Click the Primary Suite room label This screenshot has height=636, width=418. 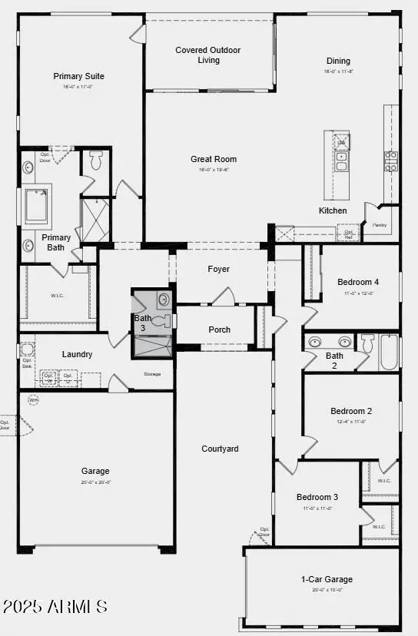(x=78, y=76)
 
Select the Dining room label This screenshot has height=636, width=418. (x=338, y=61)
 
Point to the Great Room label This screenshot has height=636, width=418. (x=207, y=159)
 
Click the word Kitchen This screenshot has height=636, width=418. (x=333, y=210)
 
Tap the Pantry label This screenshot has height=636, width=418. (x=379, y=225)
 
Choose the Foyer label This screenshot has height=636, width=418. (x=219, y=269)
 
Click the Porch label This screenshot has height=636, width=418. (x=219, y=330)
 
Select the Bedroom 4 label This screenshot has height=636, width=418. (x=358, y=282)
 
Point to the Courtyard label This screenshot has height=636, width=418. (x=220, y=449)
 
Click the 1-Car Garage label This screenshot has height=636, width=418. (x=327, y=579)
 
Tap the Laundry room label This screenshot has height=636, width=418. (x=77, y=354)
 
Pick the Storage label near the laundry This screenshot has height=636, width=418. (x=152, y=374)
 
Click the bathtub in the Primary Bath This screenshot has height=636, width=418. (x=35, y=205)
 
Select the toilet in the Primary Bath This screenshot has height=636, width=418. (x=96, y=161)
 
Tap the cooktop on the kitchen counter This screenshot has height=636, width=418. (x=390, y=161)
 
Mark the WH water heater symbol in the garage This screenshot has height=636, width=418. (x=34, y=400)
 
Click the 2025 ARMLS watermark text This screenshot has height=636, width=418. (x=55, y=607)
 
